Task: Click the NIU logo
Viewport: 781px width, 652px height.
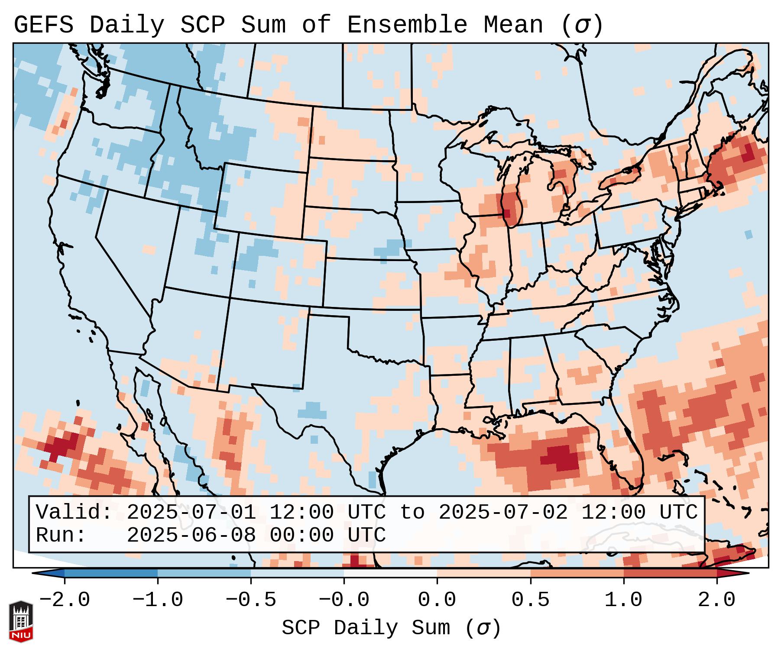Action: (21, 621)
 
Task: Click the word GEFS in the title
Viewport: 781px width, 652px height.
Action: (43, 25)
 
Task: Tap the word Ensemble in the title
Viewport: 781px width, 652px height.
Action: (407, 25)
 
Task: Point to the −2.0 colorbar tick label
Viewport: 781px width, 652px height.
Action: (65, 600)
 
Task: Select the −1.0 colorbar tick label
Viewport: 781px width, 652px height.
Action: (158, 600)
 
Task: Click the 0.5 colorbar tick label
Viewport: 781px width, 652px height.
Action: (530, 600)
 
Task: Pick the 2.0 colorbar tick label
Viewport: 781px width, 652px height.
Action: (716, 600)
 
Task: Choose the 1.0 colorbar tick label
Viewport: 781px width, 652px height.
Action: (623, 600)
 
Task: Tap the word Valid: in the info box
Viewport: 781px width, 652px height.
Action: (74, 512)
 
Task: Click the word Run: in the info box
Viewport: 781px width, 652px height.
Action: (61, 535)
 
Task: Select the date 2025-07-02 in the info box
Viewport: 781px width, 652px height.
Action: (503, 512)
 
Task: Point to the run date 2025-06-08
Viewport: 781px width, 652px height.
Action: (191, 535)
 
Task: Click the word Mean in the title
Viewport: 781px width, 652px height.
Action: (513, 25)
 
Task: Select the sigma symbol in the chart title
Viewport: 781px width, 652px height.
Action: (582, 25)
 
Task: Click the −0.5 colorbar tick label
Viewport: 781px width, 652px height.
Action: (251, 600)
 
